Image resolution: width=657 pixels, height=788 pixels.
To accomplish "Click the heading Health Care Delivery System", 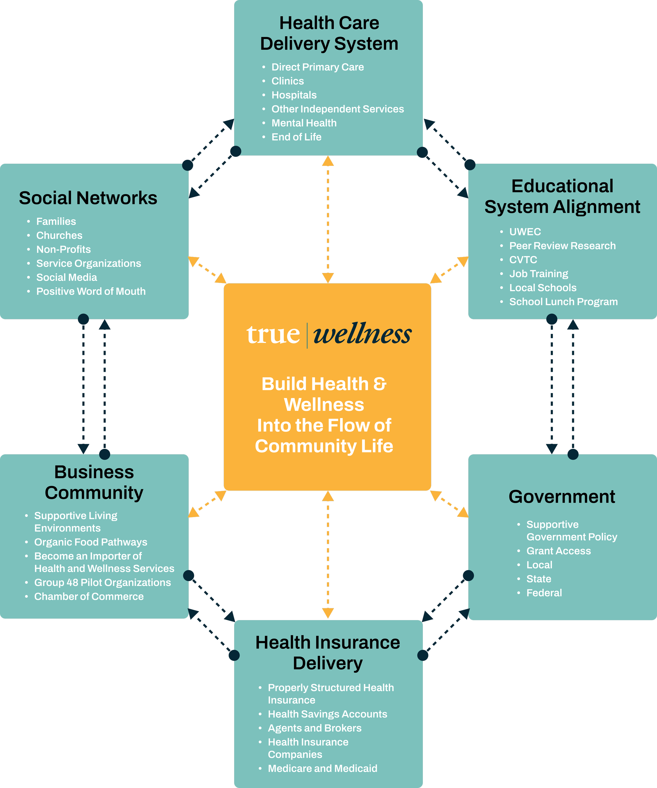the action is click(x=329, y=33).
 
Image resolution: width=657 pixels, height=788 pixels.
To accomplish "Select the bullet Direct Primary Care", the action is click(x=317, y=67).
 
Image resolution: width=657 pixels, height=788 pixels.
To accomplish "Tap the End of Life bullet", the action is click(x=296, y=137).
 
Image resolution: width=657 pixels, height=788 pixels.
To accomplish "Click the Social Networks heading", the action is click(x=88, y=198).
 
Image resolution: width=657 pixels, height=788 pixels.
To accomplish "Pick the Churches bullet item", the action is click(x=59, y=235).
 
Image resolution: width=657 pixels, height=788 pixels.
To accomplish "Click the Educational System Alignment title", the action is click(x=562, y=196).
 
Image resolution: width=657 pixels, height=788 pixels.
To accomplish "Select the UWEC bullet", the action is click(x=525, y=232).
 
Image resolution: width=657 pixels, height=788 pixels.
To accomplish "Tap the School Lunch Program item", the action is click(x=563, y=302).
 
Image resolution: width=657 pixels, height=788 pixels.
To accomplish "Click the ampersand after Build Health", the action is click(x=380, y=384).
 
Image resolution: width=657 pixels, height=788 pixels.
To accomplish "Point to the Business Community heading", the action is click(x=94, y=482).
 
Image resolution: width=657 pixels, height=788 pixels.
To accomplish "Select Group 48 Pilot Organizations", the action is click(x=102, y=582).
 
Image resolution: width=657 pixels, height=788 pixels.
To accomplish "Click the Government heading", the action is click(x=562, y=496).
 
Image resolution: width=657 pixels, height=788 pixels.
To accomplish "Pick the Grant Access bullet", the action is click(x=558, y=551).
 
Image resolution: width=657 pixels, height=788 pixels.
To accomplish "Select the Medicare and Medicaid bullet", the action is click(x=322, y=769).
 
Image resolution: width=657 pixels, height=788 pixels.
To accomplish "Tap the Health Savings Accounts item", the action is click(x=327, y=714).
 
